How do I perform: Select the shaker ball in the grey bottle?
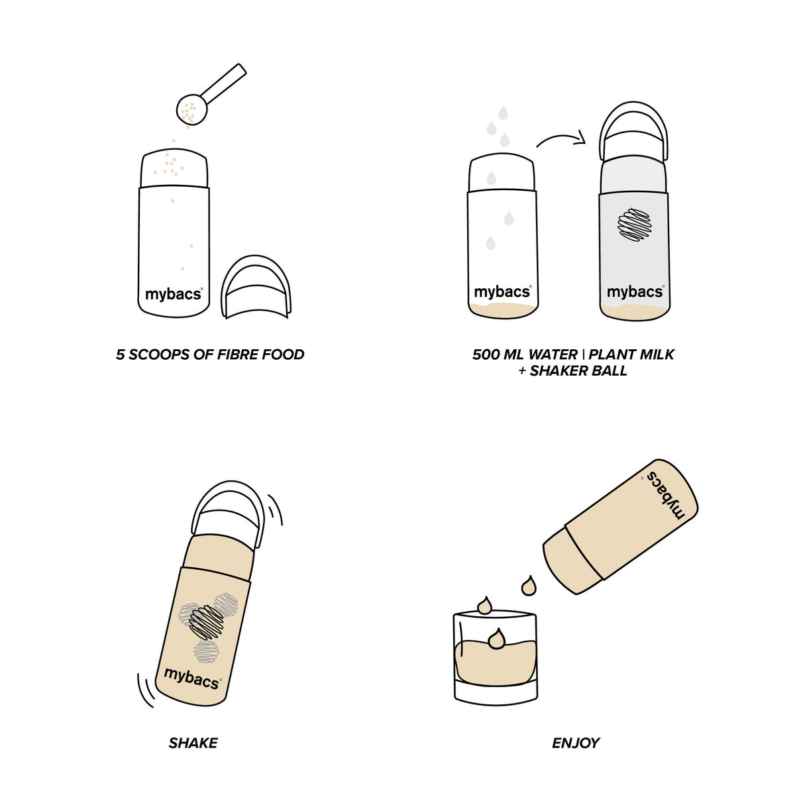pos(635,225)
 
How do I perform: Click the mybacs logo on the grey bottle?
pos(634,292)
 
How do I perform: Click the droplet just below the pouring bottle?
pos(529,586)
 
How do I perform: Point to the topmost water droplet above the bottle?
pos(504,113)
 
